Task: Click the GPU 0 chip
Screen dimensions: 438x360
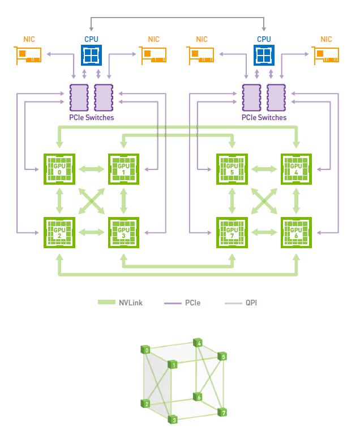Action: [59, 168]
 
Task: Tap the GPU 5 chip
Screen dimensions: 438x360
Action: [232, 168]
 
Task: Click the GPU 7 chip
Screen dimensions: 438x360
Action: [232, 232]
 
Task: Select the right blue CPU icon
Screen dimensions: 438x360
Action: [264, 55]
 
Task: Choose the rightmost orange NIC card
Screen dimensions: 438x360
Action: [327, 55]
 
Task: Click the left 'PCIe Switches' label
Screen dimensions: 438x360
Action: [91, 118]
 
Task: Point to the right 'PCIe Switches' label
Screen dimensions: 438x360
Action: [264, 118]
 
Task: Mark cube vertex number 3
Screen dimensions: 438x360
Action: [174, 420]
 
